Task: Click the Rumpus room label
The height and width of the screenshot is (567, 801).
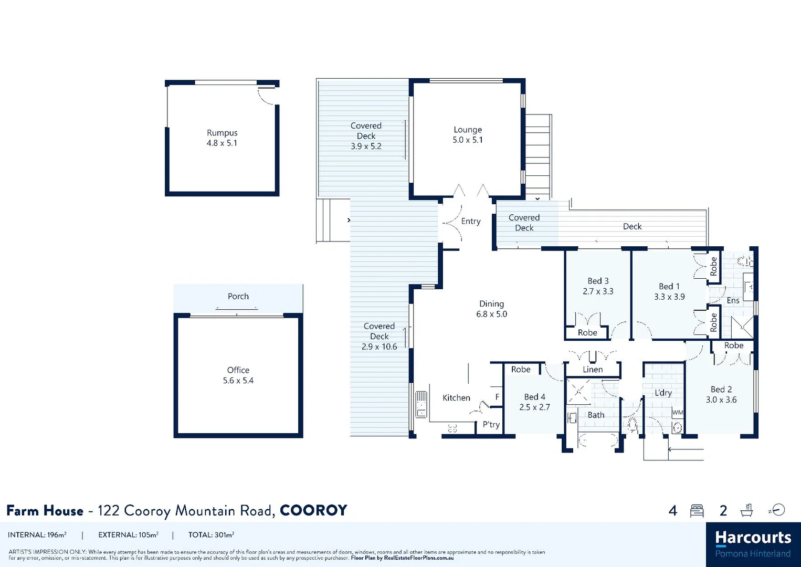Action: (x=222, y=133)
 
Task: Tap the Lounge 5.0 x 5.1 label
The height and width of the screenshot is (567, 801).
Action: (x=467, y=135)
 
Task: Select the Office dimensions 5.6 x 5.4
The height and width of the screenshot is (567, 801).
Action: (x=238, y=381)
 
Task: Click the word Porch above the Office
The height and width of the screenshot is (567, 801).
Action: (x=238, y=297)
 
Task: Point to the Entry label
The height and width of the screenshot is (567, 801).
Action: (x=471, y=222)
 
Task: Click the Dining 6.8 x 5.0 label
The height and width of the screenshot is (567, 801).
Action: (x=491, y=309)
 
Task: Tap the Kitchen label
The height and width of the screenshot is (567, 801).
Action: (x=456, y=398)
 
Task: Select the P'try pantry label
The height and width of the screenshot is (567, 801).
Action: (x=491, y=425)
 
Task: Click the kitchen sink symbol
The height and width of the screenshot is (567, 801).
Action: (x=421, y=404)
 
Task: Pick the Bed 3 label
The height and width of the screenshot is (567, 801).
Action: (x=598, y=281)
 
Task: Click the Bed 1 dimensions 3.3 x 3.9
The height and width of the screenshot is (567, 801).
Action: (x=669, y=297)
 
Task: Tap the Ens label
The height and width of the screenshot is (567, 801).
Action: (x=733, y=301)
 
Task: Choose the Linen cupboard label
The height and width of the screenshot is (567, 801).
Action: (x=593, y=370)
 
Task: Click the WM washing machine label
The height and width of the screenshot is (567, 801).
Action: (x=678, y=413)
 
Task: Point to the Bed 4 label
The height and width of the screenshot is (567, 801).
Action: (x=534, y=397)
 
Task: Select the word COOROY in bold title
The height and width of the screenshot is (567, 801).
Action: (x=313, y=510)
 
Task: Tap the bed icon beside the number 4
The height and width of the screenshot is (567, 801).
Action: (x=697, y=511)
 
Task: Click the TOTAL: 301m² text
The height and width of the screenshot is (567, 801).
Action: (x=211, y=535)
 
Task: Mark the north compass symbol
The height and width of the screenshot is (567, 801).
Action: (x=777, y=510)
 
